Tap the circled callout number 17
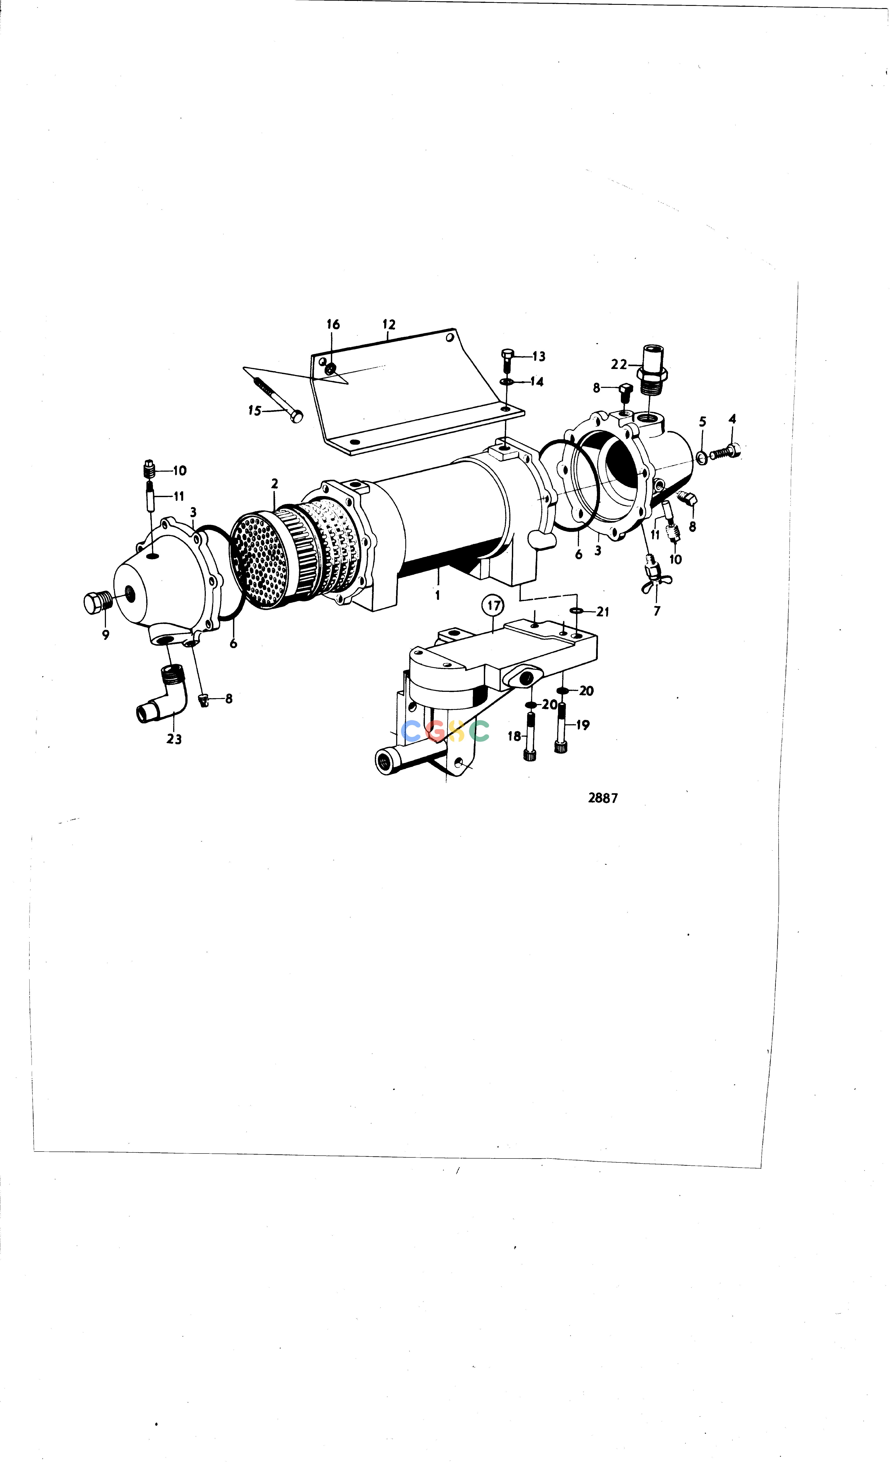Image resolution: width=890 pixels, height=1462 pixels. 494,606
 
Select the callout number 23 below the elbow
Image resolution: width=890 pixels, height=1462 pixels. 174,739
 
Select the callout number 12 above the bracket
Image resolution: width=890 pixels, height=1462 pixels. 389,325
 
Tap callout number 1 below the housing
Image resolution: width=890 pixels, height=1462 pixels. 437,595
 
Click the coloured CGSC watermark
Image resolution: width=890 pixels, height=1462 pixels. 445,731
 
